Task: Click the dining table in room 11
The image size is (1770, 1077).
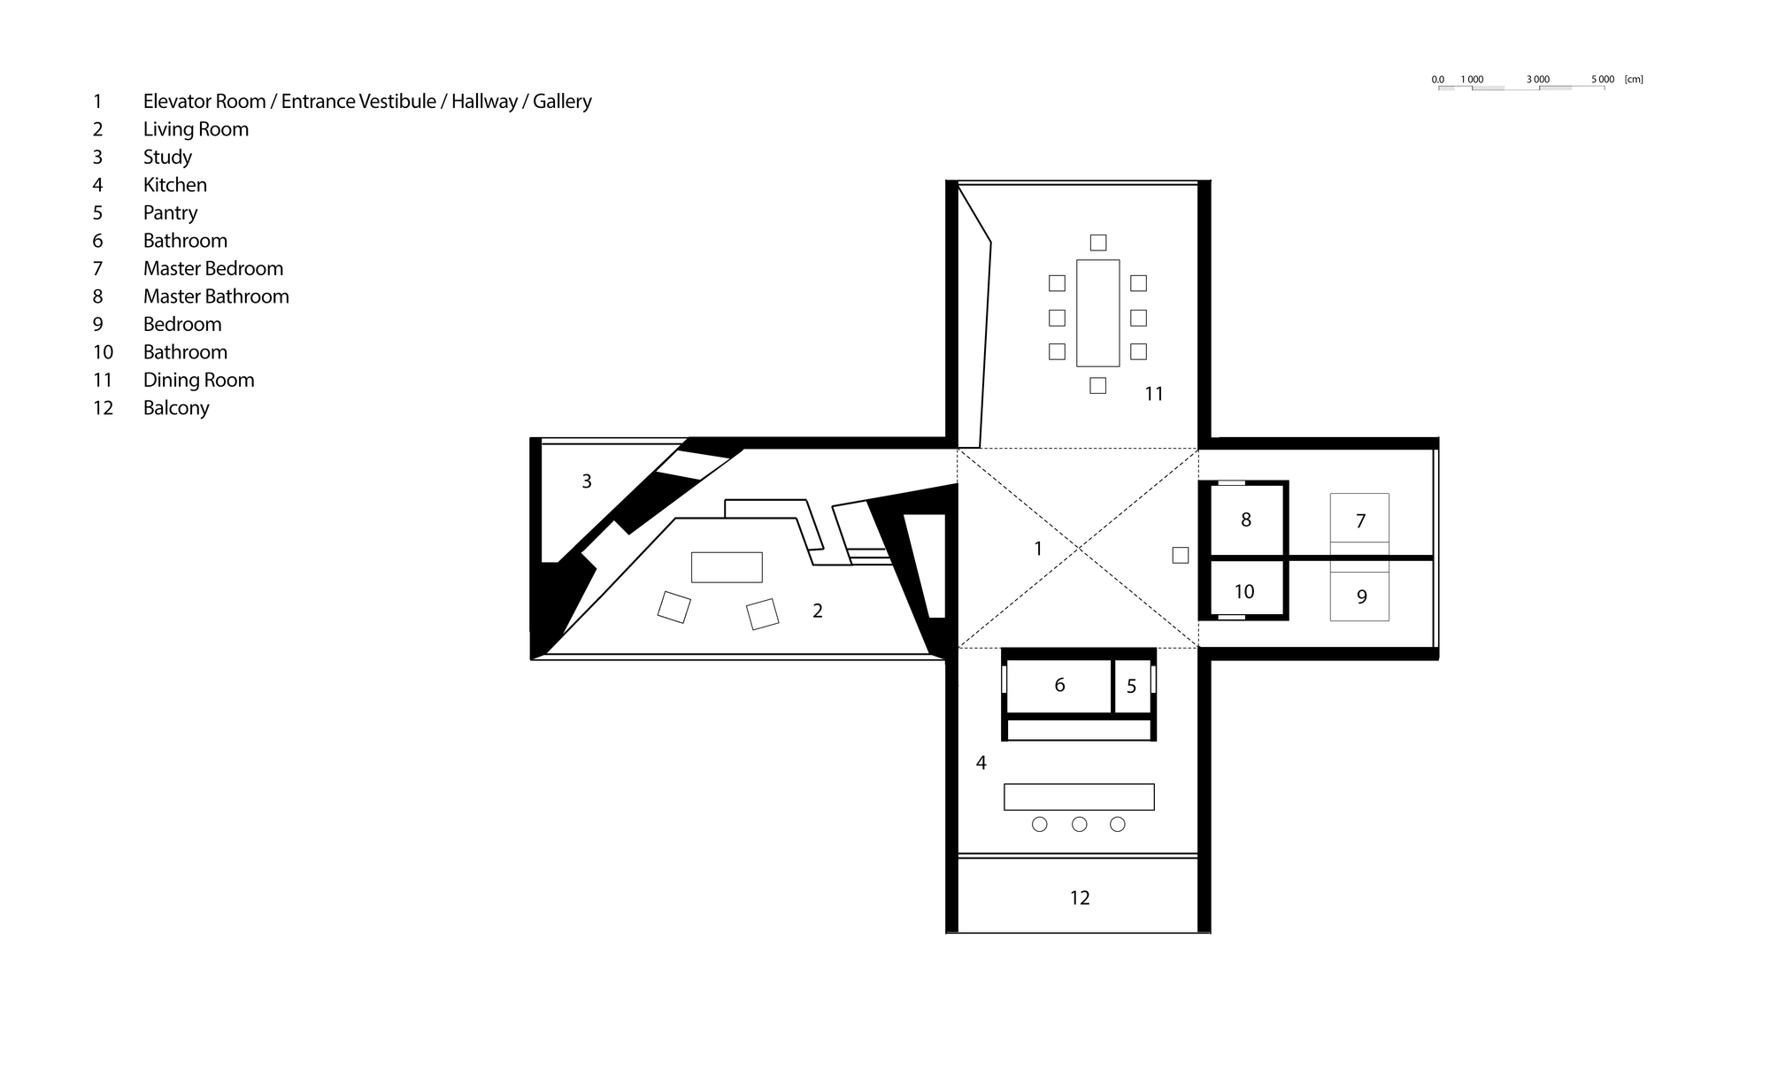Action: tap(1097, 313)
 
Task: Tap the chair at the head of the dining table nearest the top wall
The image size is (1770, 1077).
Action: tap(1098, 242)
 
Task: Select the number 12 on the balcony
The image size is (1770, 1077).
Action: tap(1080, 898)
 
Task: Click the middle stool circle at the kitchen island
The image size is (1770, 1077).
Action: tap(1079, 825)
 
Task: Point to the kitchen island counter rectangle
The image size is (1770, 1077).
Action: tap(1079, 796)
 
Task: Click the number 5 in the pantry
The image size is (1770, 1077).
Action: tap(1131, 687)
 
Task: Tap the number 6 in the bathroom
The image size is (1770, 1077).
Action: tap(1059, 685)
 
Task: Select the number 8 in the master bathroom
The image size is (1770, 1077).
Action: tap(1246, 520)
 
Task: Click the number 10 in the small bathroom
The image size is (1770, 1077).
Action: tap(1244, 592)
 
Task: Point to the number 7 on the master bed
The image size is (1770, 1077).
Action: tap(1361, 522)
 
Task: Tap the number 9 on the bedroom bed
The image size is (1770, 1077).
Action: tap(1362, 597)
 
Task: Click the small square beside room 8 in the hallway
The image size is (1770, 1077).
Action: tap(1181, 556)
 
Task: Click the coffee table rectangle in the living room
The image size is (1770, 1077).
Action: tap(727, 567)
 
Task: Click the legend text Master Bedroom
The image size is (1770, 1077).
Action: tap(213, 269)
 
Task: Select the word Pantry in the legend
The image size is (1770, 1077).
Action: tap(170, 213)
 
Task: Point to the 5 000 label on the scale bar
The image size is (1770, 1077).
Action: tap(1603, 80)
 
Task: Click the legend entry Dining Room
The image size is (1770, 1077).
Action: tap(198, 381)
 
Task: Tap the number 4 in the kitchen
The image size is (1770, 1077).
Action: tap(981, 763)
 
